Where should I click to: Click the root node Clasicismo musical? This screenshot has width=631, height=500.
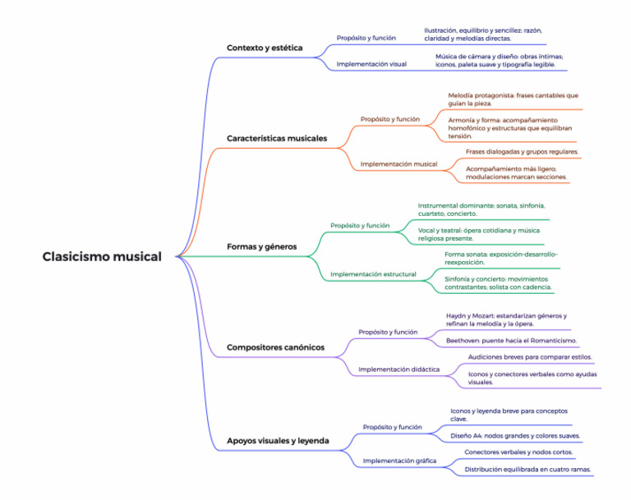pyautogui.click(x=102, y=257)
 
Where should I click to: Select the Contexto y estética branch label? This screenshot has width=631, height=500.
pyautogui.click(x=265, y=48)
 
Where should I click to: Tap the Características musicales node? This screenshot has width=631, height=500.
pyautogui.click(x=277, y=139)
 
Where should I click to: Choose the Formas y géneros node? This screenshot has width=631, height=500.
pyautogui.click(x=261, y=246)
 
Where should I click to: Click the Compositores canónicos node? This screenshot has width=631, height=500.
pyautogui.click(x=275, y=347)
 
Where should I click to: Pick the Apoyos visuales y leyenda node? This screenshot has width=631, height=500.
pyautogui.click(x=278, y=441)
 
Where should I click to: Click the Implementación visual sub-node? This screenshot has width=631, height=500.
pyautogui.click(x=371, y=63)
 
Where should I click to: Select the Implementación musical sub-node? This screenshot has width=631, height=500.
pyautogui.click(x=398, y=164)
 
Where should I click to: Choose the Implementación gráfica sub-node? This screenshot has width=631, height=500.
pyautogui.click(x=399, y=461)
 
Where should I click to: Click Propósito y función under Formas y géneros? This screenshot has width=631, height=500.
pyautogui.click(x=360, y=225)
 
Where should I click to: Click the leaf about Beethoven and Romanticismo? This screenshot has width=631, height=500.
pyautogui.click(x=511, y=340)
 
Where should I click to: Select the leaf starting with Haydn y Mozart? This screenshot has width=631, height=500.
pyautogui.click(x=506, y=319)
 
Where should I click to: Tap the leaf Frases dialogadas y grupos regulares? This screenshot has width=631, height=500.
pyautogui.click(x=522, y=152)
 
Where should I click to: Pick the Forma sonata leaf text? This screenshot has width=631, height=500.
pyautogui.click(x=500, y=259)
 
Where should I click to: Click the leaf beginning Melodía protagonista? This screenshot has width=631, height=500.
pyautogui.click(x=513, y=99)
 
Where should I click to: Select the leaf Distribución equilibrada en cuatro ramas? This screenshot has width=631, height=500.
pyautogui.click(x=527, y=470)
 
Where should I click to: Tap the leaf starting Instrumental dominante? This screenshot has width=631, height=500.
pyautogui.click(x=481, y=209)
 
